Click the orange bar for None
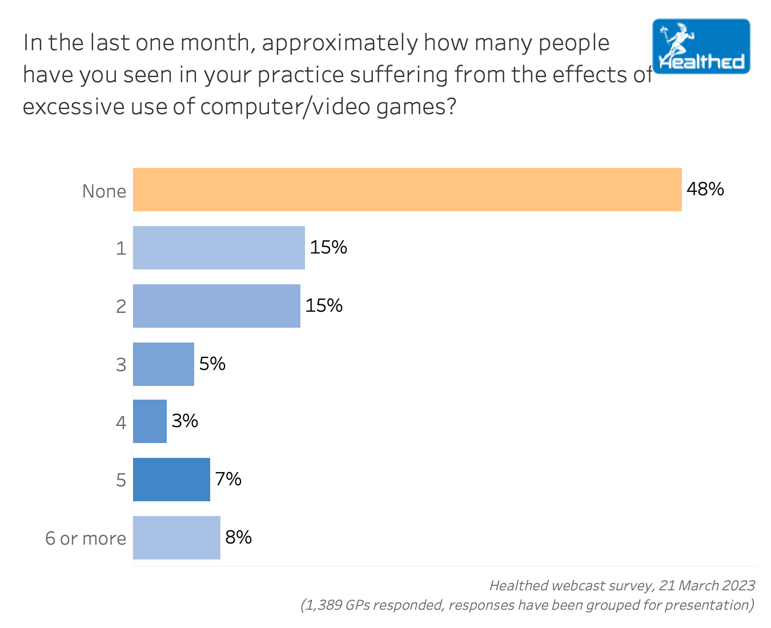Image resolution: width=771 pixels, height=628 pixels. click(407, 190)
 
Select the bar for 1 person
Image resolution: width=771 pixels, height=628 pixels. click(219, 248)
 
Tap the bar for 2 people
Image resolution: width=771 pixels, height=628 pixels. click(216, 306)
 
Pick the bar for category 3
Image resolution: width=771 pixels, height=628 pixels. click(163, 364)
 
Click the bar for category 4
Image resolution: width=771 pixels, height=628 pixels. click(150, 421)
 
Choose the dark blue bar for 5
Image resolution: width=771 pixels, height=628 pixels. click(171, 480)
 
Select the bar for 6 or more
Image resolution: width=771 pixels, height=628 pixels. click(176, 538)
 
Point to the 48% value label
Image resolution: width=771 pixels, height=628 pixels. click(705, 189)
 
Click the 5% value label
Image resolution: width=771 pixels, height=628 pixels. click(212, 364)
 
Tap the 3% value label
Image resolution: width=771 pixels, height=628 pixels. click(184, 421)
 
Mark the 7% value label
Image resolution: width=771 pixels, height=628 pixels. click(228, 479)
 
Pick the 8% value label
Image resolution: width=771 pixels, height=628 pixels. click(238, 537)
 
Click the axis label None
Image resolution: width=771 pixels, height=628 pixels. click(104, 191)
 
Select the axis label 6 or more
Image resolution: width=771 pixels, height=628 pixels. click(86, 538)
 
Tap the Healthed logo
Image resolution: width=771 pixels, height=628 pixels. click(701, 47)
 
